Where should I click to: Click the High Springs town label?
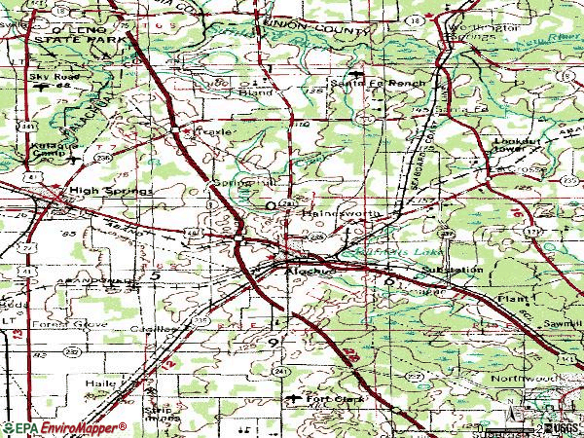point(110,192)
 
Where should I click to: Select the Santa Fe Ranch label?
point(392,85)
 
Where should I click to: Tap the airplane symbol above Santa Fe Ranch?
point(362,74)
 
